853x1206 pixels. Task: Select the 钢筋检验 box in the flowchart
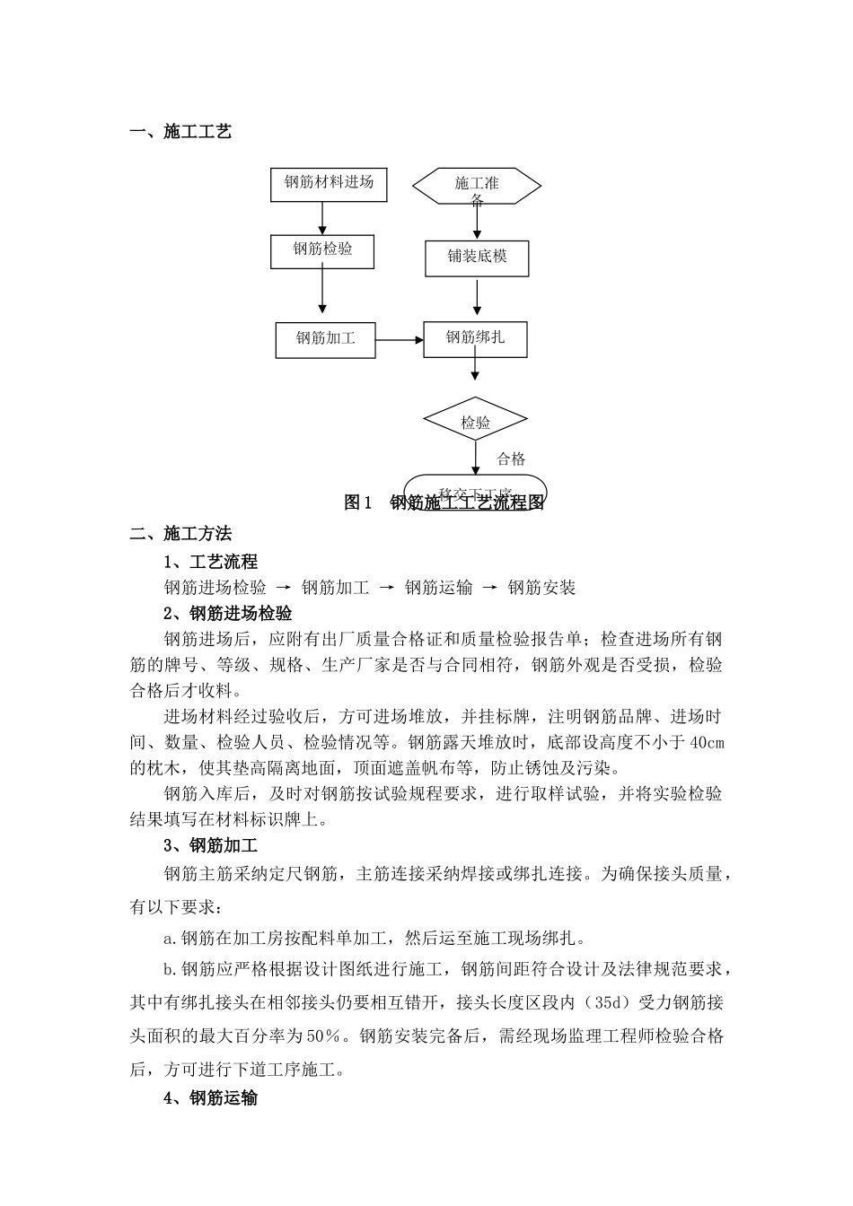point(323,250)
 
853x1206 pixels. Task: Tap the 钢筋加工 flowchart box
point(325,339)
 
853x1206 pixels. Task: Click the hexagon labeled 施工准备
point(477,187)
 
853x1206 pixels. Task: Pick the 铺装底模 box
point(477,258)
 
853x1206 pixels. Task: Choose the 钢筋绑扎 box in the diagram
point(476,338)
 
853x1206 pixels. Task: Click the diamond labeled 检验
point(476,422)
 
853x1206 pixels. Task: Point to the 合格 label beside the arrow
point(511,459)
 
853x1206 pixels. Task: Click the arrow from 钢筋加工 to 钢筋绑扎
point(400,340)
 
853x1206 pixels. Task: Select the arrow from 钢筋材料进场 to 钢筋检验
point(323,218)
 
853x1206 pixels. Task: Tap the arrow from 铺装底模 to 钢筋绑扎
point(477,299)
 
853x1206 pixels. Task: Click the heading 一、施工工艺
point(180,132)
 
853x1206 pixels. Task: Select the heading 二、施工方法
point(180,534)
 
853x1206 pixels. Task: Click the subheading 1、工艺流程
point(211,562)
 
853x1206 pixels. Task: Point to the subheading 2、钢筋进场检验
point(228,614)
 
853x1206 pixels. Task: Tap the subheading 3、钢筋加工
point(211,845)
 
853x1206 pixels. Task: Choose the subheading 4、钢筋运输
point(211,1097)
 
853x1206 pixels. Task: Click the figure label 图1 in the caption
point(358,502)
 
